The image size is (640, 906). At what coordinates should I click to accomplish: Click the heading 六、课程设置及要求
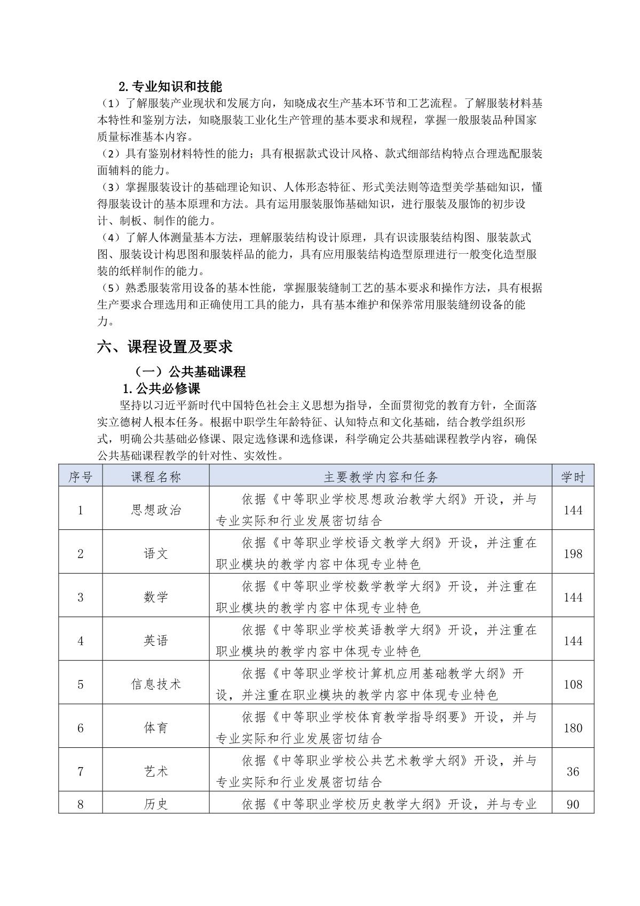coord(165,347)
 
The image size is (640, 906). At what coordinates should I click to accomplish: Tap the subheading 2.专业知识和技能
coord(170,86)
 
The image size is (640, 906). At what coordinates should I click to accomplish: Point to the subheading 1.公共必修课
coord(161,388)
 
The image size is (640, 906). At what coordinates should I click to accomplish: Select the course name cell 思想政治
coord(156,510)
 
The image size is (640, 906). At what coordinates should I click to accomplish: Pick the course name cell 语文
coord(156,554)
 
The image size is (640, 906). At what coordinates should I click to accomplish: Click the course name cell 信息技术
coord(156,684)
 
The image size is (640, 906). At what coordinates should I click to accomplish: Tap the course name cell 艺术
coord(156,771)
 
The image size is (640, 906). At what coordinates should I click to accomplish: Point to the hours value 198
coord(573,554)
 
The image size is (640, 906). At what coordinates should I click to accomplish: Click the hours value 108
coord(573,684)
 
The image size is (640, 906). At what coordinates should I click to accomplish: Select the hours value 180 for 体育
coord(573,728)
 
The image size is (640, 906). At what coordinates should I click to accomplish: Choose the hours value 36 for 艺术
coord(573,771)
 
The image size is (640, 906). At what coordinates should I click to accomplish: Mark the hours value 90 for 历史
coord(573,804)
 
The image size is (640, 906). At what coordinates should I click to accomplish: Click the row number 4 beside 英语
coord(81,641)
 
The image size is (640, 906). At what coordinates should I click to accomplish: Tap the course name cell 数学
coord(156,597)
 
